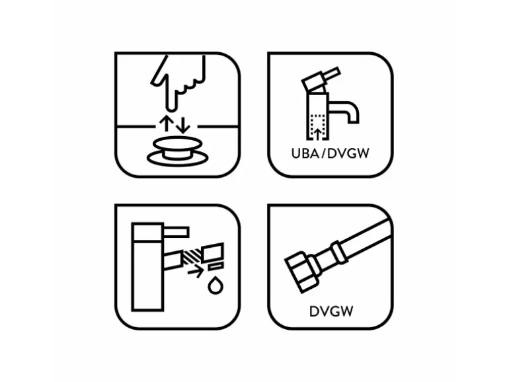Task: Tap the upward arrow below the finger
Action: [x=166, y=124]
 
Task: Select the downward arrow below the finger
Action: [x=183, y=126]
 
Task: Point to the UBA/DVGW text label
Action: [x=330, y=153]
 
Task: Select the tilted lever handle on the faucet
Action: [x=321, y=78]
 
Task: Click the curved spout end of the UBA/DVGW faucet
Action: [x=352, y=114]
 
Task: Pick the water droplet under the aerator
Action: [x=215, y=286]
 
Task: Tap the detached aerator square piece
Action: [x=213, y=252]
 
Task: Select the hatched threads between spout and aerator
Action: [x=192, y=256]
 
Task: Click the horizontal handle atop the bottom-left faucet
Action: [x=176, y=232]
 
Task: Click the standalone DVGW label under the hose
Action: [x=331, y=311]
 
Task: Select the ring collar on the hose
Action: [x=340, y=252]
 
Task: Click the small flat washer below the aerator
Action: [x=216, y=267]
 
